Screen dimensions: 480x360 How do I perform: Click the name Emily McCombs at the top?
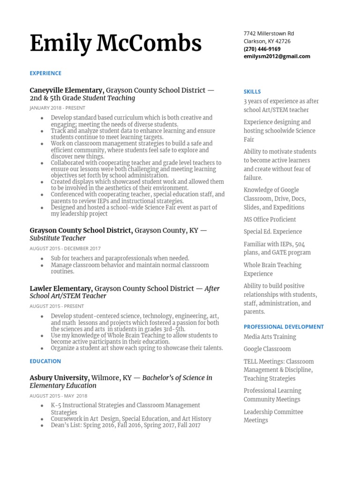(115, 44)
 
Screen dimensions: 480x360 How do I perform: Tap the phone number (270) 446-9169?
(262, 49)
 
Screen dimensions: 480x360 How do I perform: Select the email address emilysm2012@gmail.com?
(277, 56)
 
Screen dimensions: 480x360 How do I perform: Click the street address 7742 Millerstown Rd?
(269, 33)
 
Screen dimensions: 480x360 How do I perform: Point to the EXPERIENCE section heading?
(45, 73)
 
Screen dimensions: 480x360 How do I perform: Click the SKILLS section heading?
(252, 92)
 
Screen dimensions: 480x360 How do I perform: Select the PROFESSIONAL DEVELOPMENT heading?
(284, 327)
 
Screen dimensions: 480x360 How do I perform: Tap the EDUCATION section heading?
(45, 361)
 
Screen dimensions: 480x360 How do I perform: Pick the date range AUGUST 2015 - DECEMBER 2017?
(65, 248)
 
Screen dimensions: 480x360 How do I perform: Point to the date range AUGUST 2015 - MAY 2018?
(55, 396)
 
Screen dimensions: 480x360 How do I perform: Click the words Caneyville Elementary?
(66, 90)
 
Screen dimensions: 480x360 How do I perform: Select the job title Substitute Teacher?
(58, 238)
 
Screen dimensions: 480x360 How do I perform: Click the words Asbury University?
(59, 378)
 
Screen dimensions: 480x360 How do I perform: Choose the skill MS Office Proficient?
(270, 219)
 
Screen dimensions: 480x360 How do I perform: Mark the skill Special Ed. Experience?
(273, 232)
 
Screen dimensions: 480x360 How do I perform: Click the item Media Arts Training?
(270, 337)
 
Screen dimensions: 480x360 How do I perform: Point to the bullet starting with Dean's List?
(126, 425)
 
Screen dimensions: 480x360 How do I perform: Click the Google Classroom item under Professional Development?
(267, 349)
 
